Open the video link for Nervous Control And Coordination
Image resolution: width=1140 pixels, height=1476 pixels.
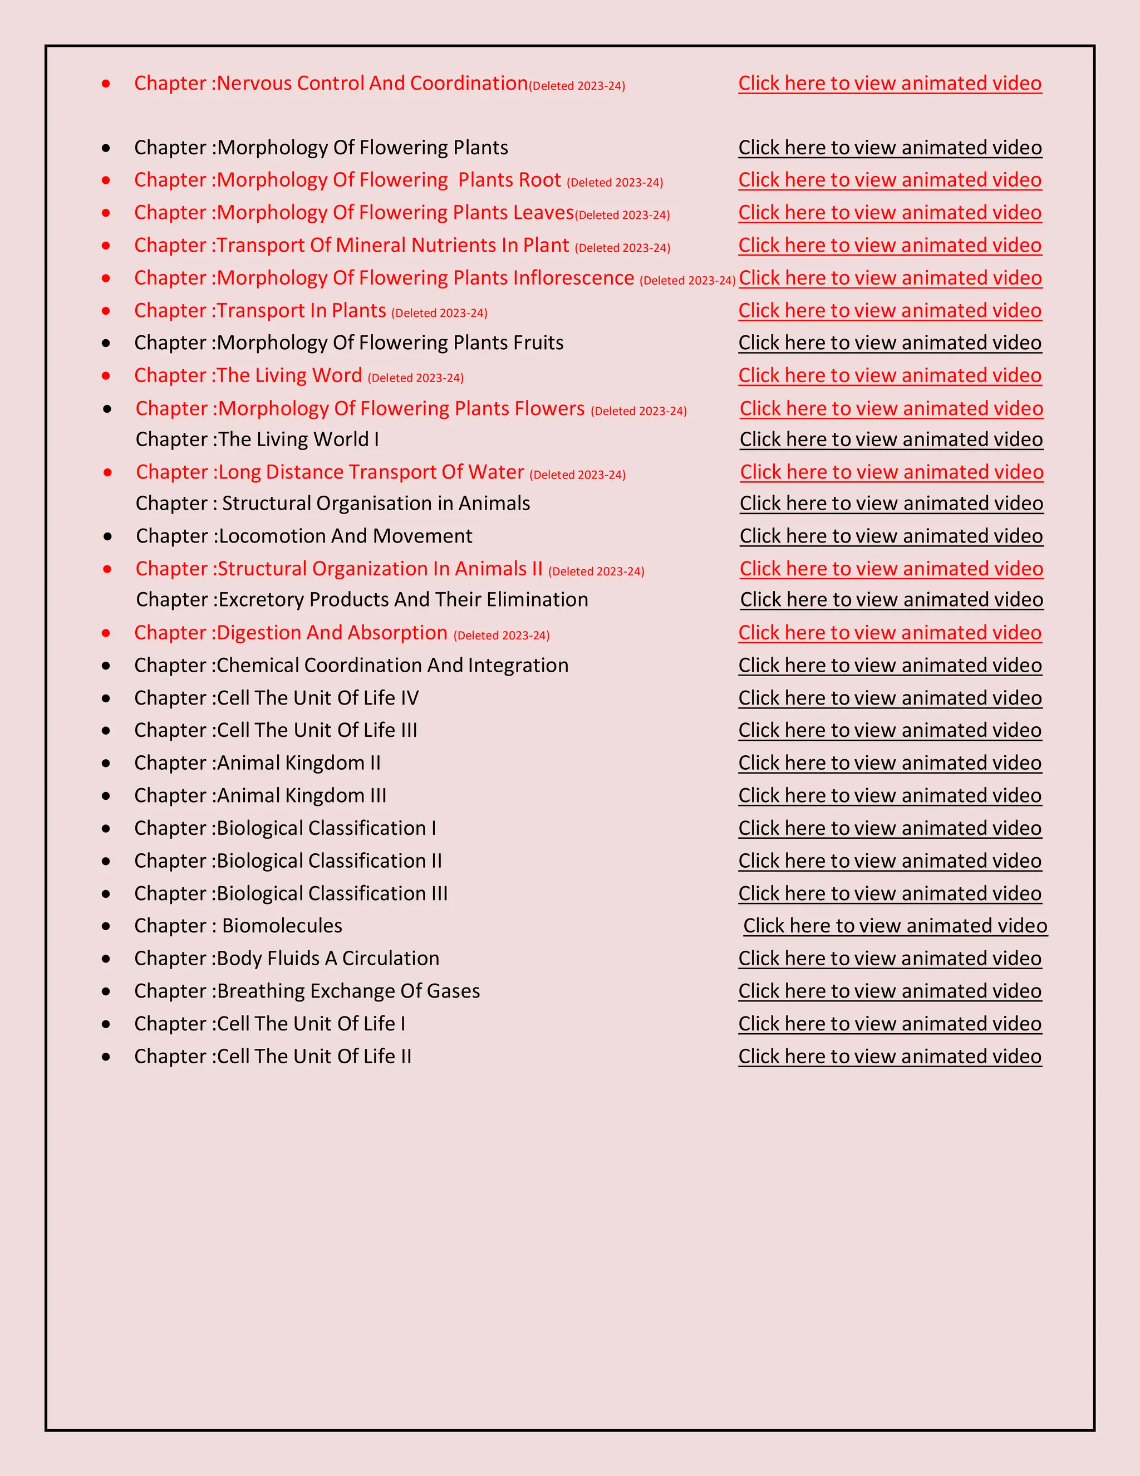point(890,83)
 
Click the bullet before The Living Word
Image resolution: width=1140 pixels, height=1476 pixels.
point(106,376)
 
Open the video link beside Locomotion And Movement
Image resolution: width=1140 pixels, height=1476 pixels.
point(891,536)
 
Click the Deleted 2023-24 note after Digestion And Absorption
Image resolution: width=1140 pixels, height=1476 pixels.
point(501,636)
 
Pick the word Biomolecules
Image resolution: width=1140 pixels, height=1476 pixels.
point(282,925)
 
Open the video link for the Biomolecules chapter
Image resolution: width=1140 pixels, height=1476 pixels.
point(895,925)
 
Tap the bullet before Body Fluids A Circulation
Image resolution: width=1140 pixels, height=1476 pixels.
point(106,959)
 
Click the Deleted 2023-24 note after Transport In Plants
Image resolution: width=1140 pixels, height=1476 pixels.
point(439,313)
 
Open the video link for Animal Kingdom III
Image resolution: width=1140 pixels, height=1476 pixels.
point(890,795)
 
